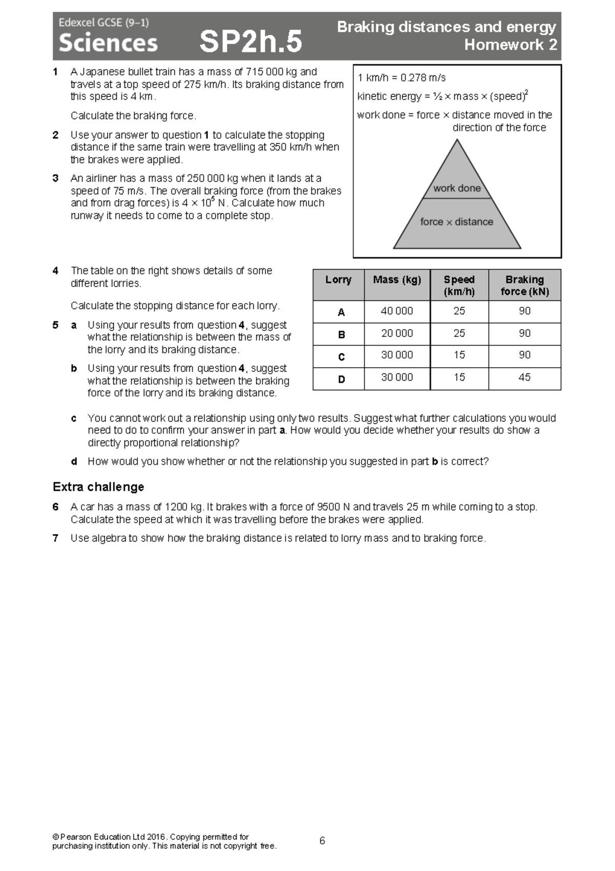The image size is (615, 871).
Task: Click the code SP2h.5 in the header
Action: (251, 42)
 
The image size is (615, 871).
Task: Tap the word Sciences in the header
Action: (108, 43)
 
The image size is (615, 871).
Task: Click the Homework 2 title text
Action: (510, 45)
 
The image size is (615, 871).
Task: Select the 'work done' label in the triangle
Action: (457, 188)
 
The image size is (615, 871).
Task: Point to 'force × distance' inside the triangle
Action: (457, 222)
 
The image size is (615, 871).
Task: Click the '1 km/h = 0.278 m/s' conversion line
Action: (401, 78)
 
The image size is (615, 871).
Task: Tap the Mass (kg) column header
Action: (397, 280)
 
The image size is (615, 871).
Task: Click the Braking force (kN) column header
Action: (524, 286)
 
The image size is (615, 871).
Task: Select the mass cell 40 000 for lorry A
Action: (397, 311)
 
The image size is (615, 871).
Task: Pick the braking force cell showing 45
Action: (524, 378)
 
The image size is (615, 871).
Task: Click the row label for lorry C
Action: (341, 357)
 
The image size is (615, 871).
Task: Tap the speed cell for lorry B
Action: (459, 333)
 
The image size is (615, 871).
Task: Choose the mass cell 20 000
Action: (397, 333)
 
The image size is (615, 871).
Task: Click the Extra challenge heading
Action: (98, 487)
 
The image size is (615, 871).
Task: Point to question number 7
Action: (55, 538)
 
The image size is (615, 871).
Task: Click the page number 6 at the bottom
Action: (322, 841)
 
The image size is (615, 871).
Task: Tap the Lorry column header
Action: (338, 280)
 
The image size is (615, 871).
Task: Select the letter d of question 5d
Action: (74, 462)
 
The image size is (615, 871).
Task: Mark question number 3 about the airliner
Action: (55, 179)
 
